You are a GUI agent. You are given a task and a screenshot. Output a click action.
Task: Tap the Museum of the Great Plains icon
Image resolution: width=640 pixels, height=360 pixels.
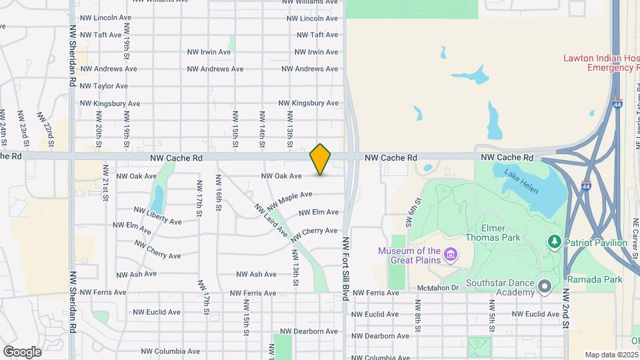click(451, 254)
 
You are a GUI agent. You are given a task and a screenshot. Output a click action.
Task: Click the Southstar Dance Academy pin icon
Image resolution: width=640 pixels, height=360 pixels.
click(545, 287)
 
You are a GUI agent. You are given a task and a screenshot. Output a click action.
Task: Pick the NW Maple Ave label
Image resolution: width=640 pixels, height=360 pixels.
click(290, 199)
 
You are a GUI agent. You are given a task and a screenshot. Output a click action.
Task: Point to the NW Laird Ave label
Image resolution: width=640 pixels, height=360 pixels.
click(271, 221)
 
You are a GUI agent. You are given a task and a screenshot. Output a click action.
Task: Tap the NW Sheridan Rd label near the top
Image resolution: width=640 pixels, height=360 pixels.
click(73, 56)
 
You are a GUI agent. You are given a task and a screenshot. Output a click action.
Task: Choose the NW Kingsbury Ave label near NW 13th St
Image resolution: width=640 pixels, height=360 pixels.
click(309, 103)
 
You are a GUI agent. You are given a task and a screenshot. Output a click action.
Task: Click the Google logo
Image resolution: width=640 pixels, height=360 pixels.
click(22, 351)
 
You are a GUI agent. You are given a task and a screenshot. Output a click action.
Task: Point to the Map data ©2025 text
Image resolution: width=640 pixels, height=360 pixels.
click(612, 355)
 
